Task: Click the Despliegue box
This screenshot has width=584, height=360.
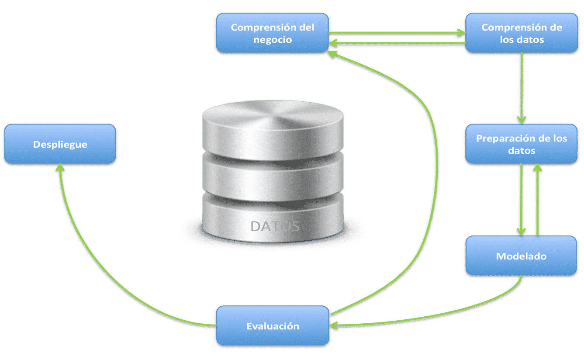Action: coord(60,144)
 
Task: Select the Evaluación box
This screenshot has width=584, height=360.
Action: coord(273,326)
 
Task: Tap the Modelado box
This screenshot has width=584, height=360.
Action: coord(521,256)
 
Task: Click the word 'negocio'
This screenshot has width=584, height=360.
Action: coord(273,39)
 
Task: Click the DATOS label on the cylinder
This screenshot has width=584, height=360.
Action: coord(275,226)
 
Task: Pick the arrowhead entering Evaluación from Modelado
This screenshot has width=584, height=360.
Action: coord(334,325)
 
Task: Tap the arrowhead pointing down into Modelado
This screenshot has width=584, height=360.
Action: coord(521,232)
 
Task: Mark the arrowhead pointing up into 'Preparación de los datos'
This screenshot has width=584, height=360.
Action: coord(538,168)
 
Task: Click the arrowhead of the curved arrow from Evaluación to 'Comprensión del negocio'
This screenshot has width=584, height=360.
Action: coord(333,53)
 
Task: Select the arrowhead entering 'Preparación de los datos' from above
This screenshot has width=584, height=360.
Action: coord(521,120)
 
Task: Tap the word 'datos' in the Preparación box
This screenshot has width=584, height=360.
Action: coord(522,151)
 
